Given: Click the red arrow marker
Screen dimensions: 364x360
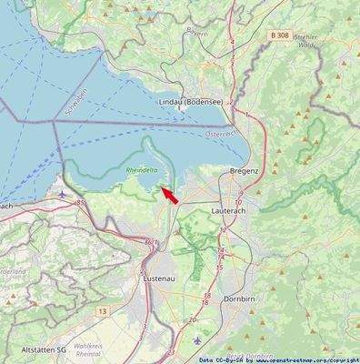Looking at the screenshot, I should [x=169, y=194].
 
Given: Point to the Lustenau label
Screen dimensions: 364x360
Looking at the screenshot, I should [x=161, y=279].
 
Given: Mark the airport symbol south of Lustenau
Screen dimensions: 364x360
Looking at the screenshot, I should [x=199, y=340].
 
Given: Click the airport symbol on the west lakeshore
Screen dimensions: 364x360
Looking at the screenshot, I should [x=61, y=193].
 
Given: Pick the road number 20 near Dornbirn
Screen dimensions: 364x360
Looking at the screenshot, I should [x=192, y=320].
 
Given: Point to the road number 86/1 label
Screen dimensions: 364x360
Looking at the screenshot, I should [x=150, y=242].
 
